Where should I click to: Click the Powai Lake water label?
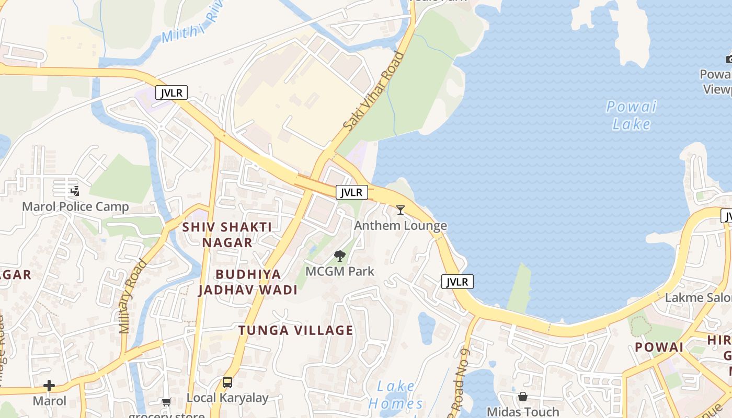point(631,115)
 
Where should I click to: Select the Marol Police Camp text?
point(75,206)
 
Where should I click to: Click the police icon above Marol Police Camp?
point(75,191)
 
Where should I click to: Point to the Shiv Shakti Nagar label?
point(227,235)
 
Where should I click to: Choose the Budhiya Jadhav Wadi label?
point(248,282)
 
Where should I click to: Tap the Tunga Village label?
point(296,330)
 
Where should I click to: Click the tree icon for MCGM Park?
point(340,256)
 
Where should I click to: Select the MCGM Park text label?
point(340,271)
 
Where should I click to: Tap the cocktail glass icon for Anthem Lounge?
point(401,210)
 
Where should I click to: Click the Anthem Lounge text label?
point(401,226)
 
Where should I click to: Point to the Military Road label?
point(133,296)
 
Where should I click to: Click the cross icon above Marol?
point(49,386)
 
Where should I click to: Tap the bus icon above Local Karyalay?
point(227,382)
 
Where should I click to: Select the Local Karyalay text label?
point(227,398)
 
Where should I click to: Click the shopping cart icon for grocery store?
point(166,402)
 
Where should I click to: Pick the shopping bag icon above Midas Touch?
point(523,397)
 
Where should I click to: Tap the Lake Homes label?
point(396,395)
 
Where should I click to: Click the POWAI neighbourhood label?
point(659,347)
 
